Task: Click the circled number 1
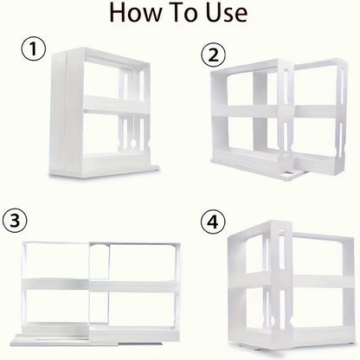[32, 51]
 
